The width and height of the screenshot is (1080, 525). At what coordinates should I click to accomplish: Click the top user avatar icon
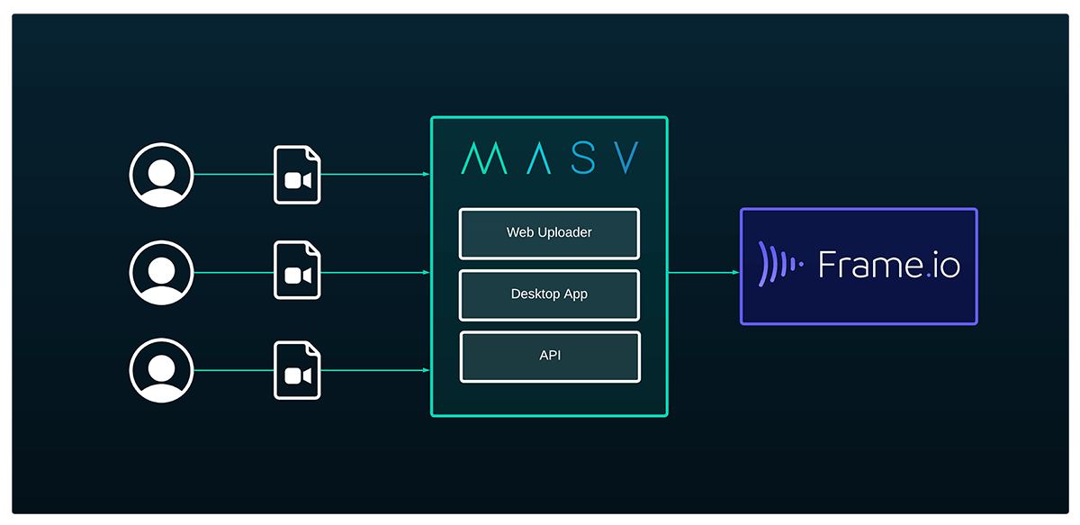(161, 175)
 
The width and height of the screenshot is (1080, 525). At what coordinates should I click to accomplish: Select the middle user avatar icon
(161, 273)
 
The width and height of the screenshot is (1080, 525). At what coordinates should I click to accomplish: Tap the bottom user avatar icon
(161, 370)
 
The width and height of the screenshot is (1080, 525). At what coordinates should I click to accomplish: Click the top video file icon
(298, 175)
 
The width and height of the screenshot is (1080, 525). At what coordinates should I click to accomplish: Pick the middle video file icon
(298, 273)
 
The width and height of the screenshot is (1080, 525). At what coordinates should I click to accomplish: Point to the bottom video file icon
(298, 370)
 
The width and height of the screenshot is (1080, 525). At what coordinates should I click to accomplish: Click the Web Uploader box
(549, 233)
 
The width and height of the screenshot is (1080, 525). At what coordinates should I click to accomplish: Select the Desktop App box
(549, 294)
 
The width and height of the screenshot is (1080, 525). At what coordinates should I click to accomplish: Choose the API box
(550, 356)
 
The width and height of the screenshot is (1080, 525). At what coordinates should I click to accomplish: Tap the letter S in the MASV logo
(583, 158)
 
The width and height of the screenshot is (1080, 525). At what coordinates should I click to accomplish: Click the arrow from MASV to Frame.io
(704, 272)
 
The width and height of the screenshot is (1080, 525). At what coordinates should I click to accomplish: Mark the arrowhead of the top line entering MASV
(426, 175)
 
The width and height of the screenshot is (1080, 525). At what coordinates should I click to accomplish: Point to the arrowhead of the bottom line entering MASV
(426, 370)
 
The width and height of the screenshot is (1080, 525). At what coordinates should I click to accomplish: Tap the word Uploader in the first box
(566, 233)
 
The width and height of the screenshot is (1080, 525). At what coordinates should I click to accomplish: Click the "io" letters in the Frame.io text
(946, 266)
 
